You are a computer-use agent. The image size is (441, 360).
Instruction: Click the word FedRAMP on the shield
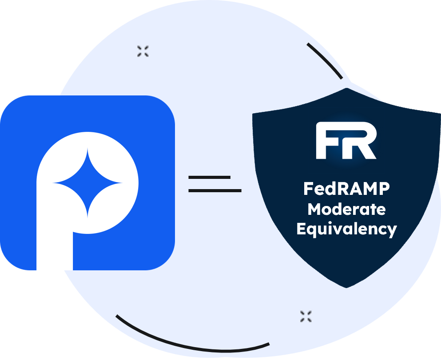(x=346, y=189)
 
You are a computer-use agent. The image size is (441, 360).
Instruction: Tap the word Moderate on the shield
(x=346, y=209)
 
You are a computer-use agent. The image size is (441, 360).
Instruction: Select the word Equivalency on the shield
(x=346, y=229)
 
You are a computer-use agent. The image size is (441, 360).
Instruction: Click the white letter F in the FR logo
(x=328, y=142)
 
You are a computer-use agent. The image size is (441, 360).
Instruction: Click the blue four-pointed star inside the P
(x=87, y=182)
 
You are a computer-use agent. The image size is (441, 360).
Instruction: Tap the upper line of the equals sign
(x=209, y=177)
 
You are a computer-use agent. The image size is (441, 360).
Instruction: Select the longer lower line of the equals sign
(x=215, y=191)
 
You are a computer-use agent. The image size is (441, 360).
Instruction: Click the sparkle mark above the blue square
(x=143, y=51)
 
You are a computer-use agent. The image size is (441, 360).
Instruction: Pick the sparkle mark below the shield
(x=306, y=316)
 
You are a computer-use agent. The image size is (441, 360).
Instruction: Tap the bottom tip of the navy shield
(x=347, y=286)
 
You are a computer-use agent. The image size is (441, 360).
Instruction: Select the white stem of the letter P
(x=54, y=240)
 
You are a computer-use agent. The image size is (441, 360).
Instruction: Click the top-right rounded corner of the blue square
(x=167, y=104)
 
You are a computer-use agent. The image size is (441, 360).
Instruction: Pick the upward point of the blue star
(x=87, y=151)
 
